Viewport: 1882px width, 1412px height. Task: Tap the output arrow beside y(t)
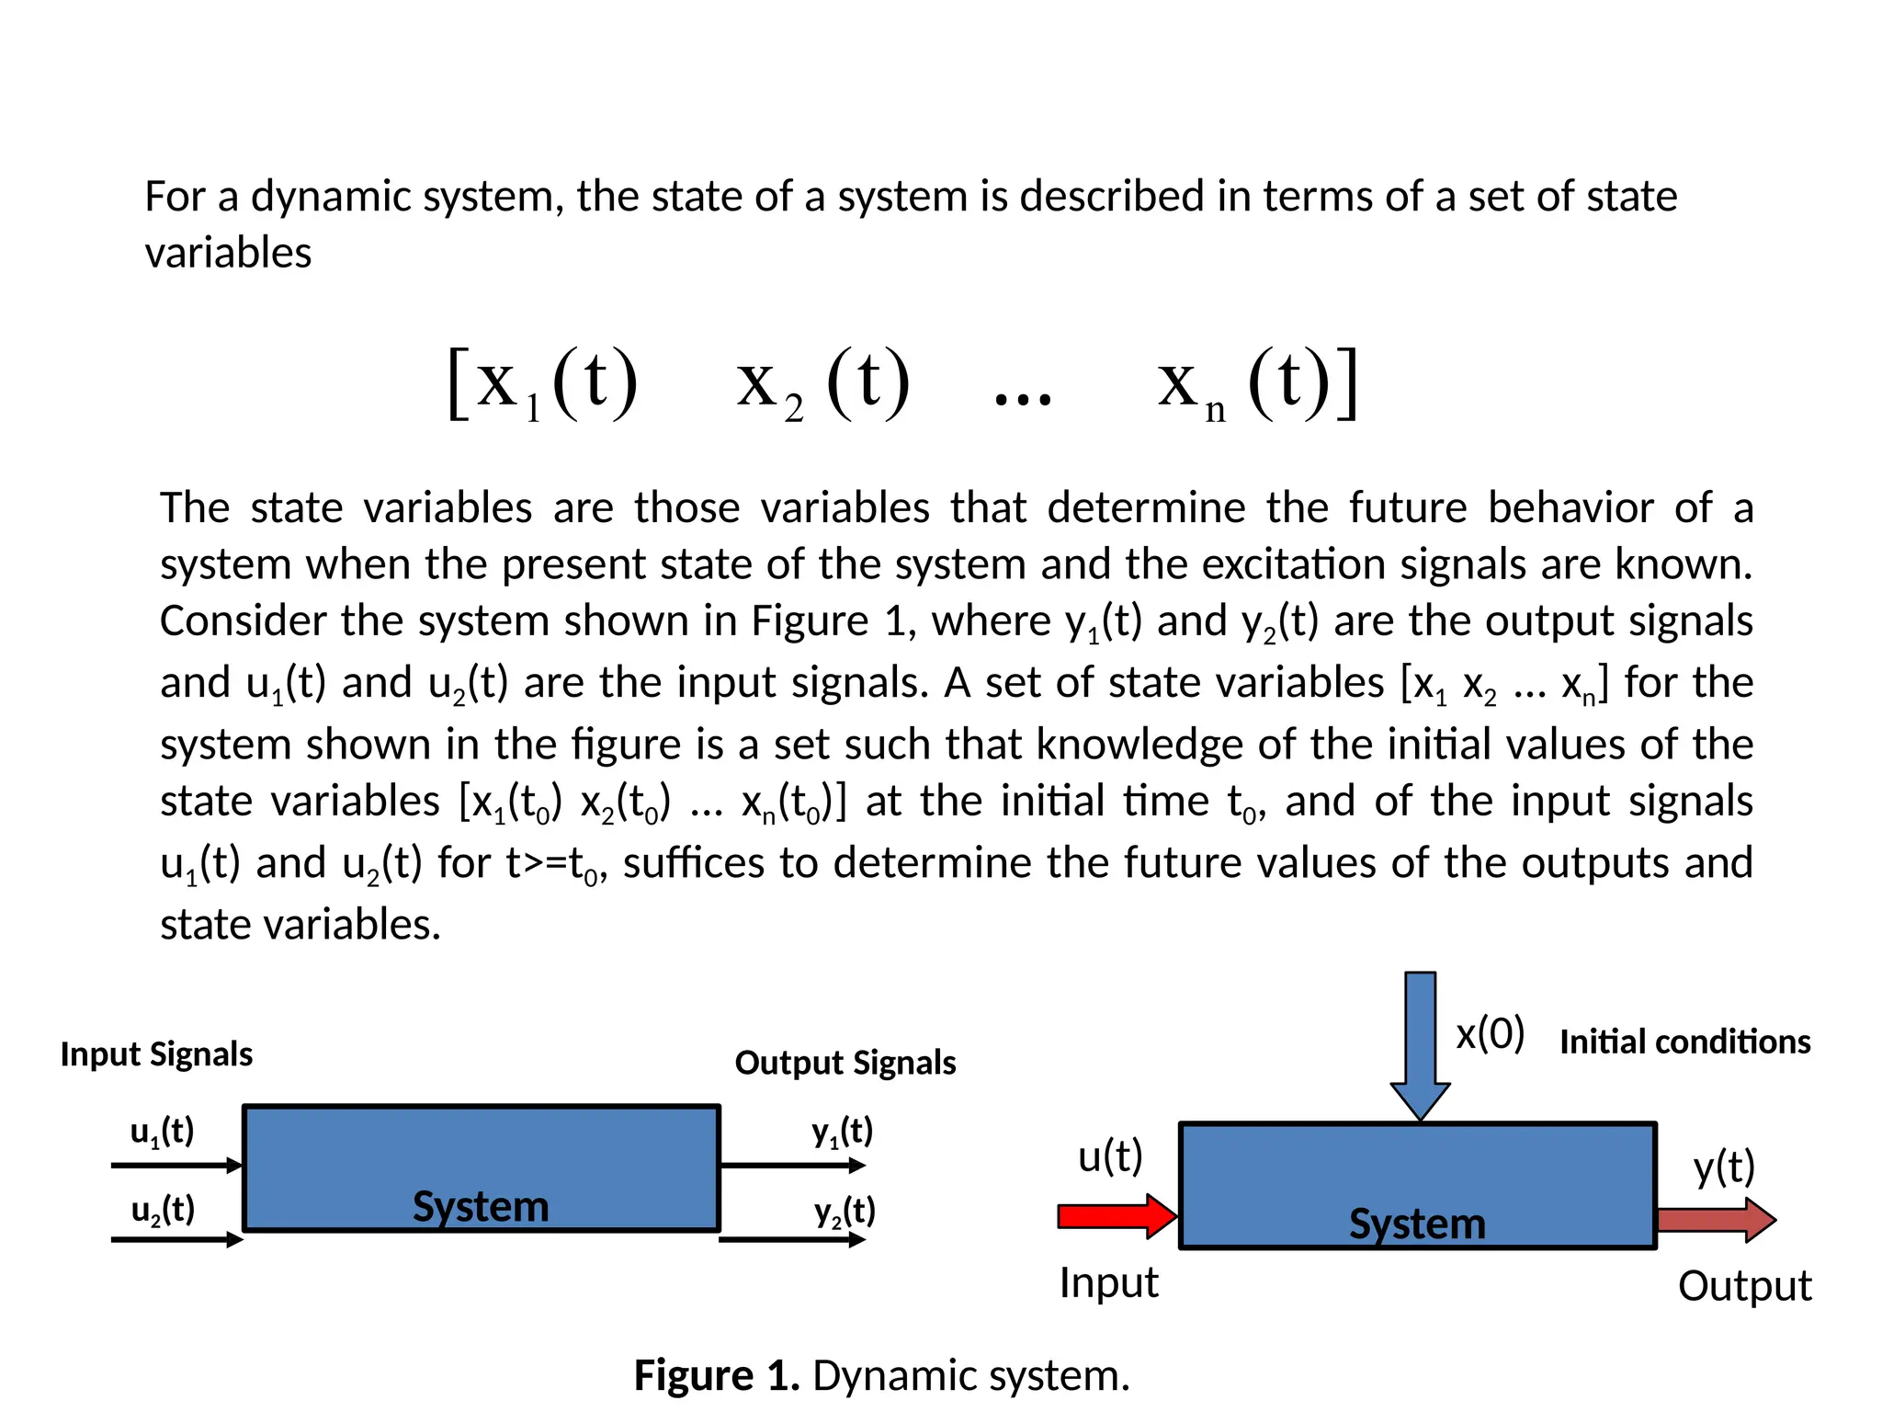tap(1716, 1221)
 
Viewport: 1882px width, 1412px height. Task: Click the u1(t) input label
tap(163, 1132)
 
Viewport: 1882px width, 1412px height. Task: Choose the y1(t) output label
tap(842, 1132)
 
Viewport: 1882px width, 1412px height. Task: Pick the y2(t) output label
tap(845, 1212)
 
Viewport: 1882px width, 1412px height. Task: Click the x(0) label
tap(1490, 1034)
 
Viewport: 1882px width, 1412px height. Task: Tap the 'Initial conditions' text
tap(1684, 1042)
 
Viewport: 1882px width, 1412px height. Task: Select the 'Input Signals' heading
tap(156, 1054)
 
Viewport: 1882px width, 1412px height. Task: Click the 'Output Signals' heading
tap(845, 1063)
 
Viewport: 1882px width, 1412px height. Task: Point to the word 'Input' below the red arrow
tap(1108, 1282)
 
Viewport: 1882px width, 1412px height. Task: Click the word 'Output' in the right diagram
tap(1744, 1286)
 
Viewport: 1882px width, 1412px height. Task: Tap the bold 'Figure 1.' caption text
tap(717, 1376)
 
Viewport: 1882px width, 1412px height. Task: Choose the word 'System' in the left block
tap(481, 1206)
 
